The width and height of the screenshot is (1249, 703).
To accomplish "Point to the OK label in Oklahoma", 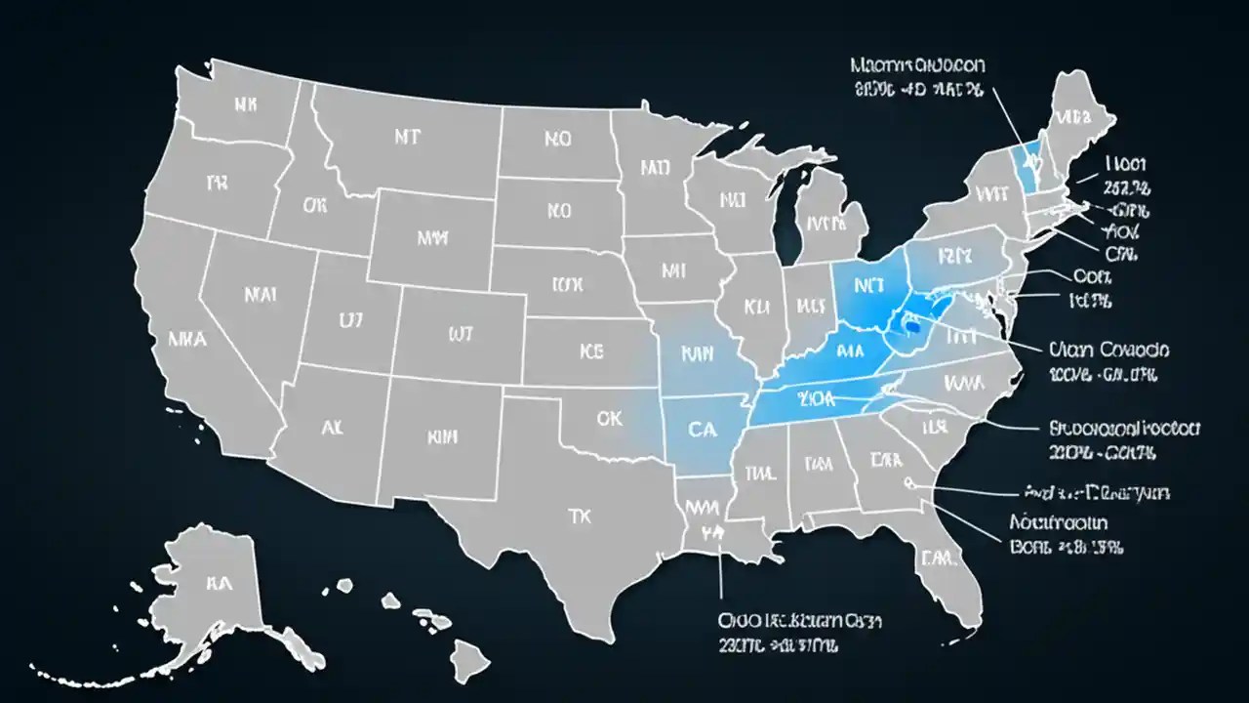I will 608,419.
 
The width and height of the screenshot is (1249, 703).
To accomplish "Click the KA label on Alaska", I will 216,584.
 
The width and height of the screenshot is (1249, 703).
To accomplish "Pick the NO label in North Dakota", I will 557,139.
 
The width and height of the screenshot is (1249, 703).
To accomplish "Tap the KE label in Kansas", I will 591,349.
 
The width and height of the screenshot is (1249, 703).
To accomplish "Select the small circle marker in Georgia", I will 907,481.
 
